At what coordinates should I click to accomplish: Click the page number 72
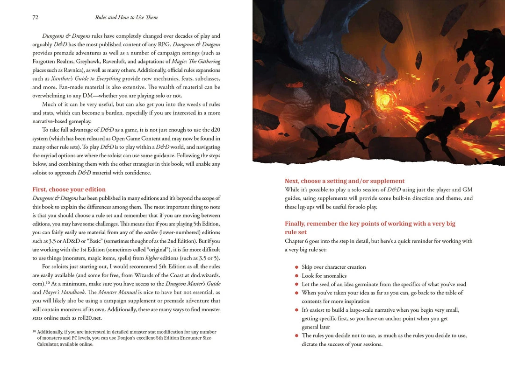(x=35, y=17)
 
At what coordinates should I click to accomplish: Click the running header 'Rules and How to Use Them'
(x=126, y=17)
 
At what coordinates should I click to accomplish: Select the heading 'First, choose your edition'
(x=69, y=189)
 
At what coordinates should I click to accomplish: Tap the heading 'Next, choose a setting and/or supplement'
(x=345, y=181)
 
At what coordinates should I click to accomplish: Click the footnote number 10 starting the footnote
(x=34, y=331)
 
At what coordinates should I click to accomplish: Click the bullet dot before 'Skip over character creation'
(x=296, y=267)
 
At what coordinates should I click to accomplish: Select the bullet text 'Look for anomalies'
(x=324, y=276)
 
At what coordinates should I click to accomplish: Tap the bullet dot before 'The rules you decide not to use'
(x=296, y=336)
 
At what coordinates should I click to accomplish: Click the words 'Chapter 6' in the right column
(x=297, y=241)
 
